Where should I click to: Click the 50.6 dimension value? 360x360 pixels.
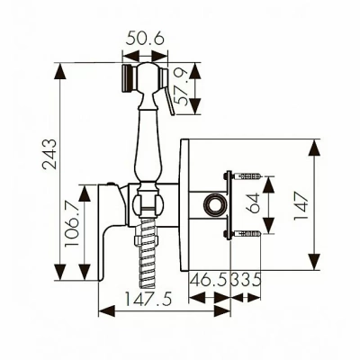tap(145, 40)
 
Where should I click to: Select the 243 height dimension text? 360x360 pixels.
tap(49, 154)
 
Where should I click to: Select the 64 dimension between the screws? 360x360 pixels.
tap(254, 202)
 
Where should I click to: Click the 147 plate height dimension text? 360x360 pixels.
tap(301, 205)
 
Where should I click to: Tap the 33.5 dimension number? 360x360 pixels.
tap(246, 280)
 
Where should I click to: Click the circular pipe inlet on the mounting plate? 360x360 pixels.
tap(215, 205)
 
